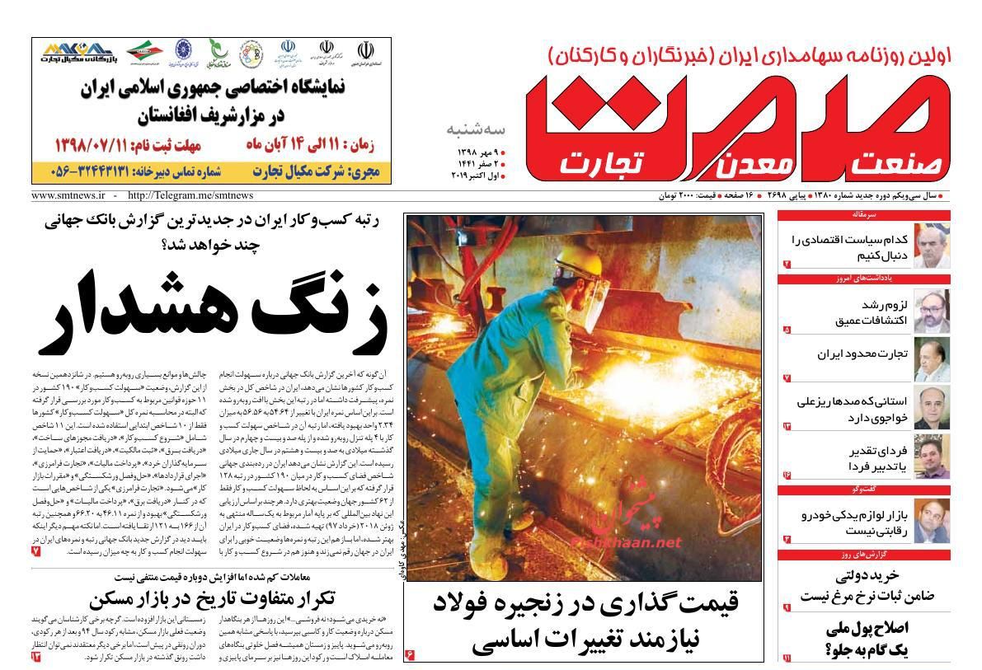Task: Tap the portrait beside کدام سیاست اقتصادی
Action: click(x=932, y=246)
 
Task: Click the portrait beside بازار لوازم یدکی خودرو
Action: click(x=932, y=521)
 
